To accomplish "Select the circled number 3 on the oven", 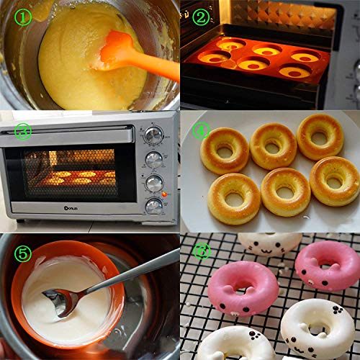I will click(24, 131).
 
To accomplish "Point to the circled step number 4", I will click(202, 130).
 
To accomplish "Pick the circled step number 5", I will click(24, 253).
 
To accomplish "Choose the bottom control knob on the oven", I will click(154, 206).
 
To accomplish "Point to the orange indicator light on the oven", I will click(165, 194).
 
